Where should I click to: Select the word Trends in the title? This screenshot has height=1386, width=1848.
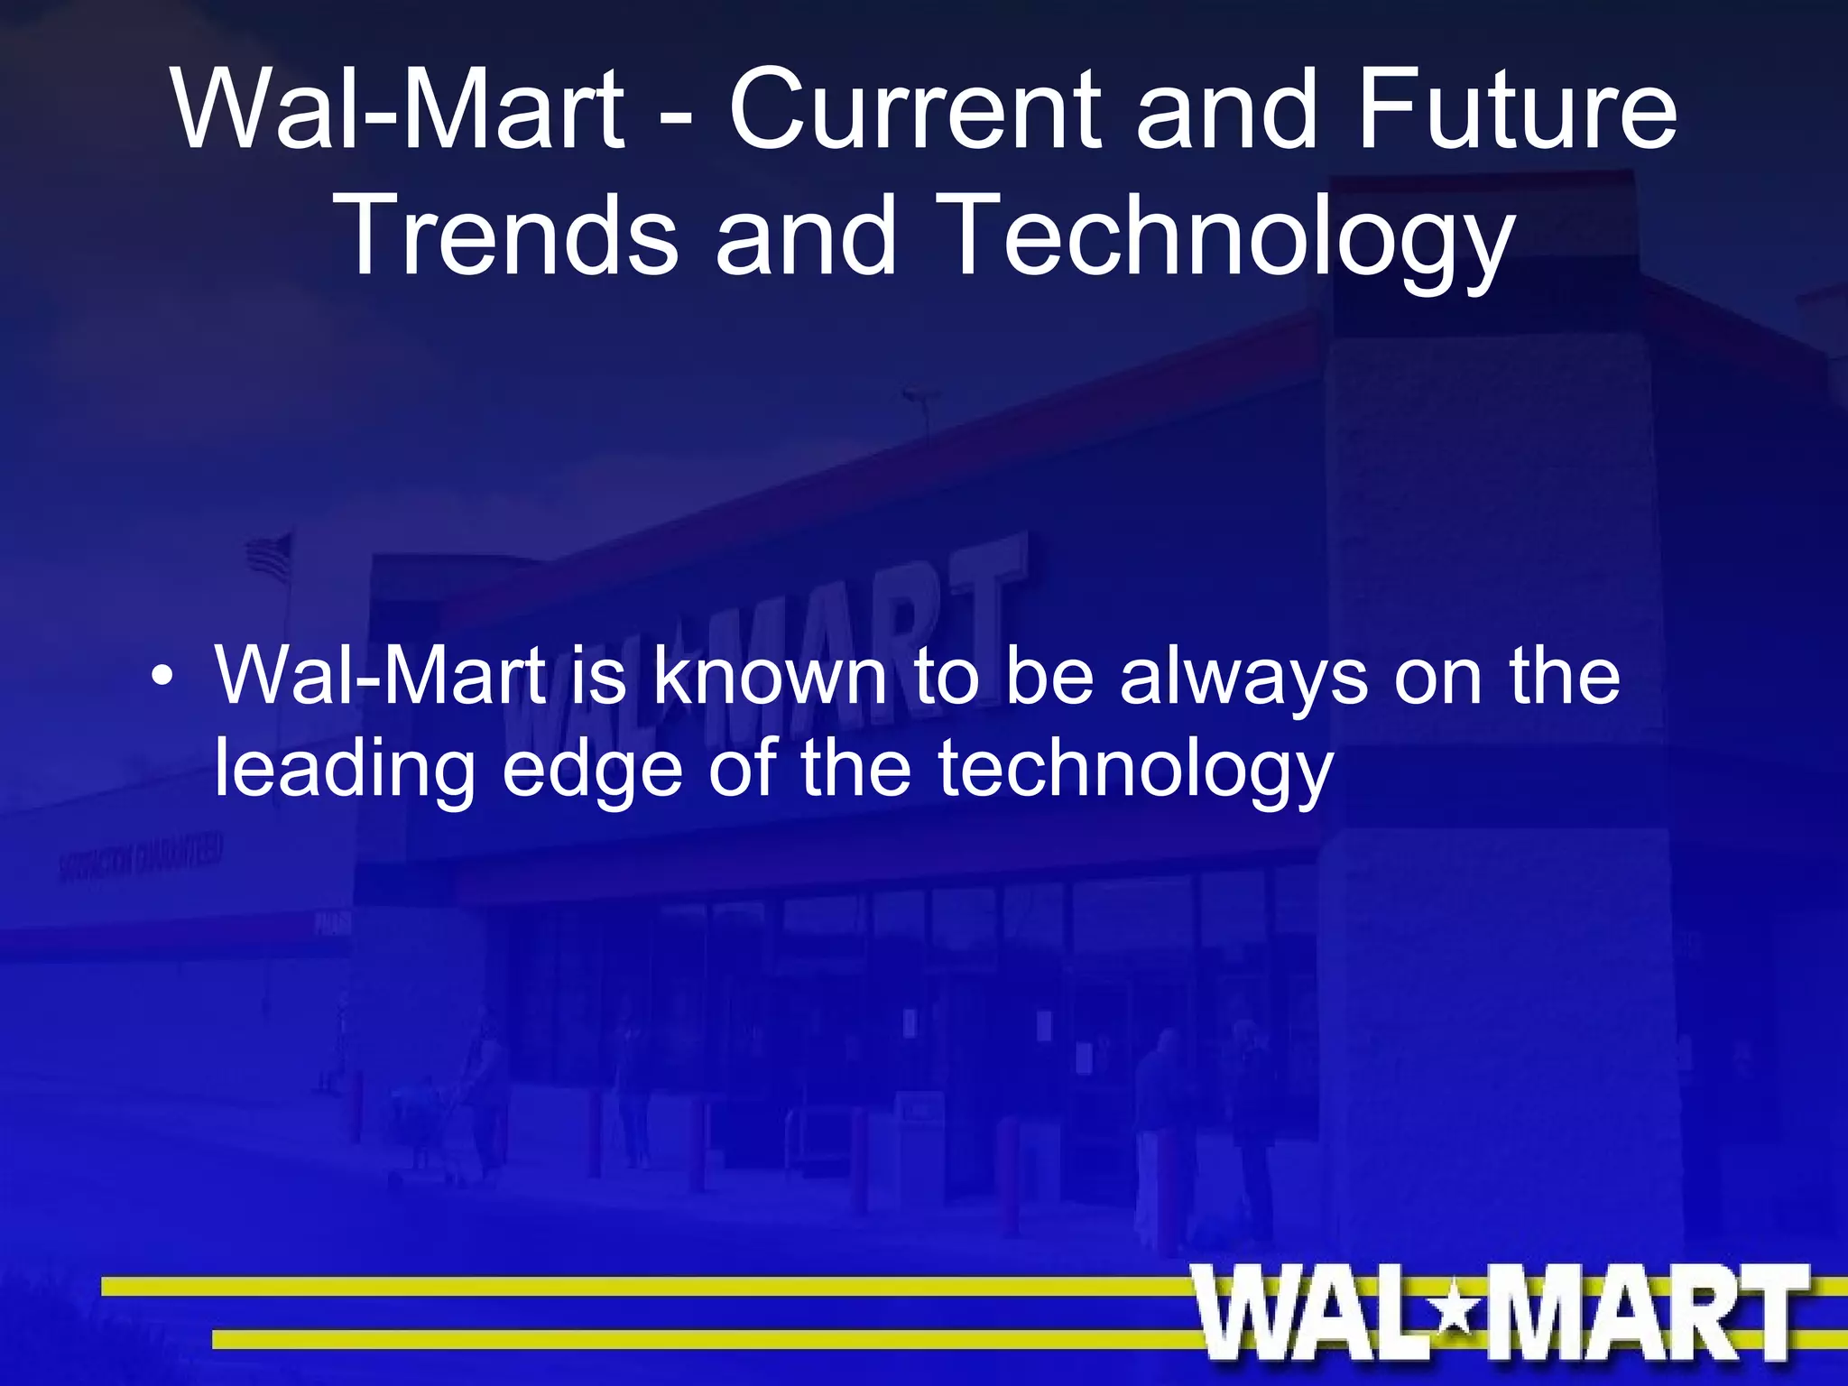510,236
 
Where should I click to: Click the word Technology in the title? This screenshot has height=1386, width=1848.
1223,236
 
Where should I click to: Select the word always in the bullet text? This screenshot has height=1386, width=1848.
1243,679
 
